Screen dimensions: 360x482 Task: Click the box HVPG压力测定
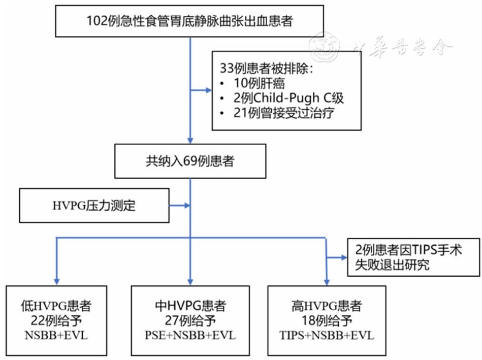[94, 206]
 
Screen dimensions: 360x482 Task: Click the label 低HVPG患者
[56, 306]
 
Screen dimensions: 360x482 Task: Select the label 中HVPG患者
[190, 306]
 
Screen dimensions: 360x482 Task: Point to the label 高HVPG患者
[327, 306]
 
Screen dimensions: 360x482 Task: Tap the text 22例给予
[56, 320]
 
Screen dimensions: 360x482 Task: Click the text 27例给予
[190, 320]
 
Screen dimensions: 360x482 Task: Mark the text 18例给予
[327, 320]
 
